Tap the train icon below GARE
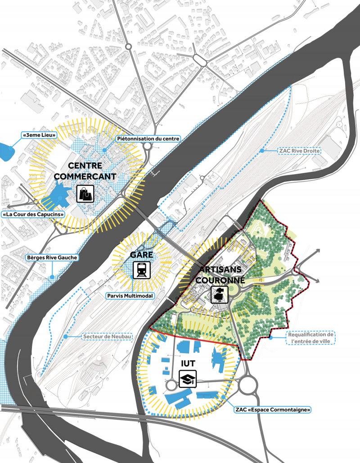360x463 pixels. coord(141,270)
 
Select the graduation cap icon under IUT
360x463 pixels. coord(187,379)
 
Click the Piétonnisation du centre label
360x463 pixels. coord(148,139)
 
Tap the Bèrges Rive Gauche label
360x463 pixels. coord(52,258)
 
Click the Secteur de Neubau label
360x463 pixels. coord(107,337)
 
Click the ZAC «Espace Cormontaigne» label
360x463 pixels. coord(273,410)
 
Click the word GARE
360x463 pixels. coord(142,255)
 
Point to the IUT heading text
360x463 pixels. coord(188,363)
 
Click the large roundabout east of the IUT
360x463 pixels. coord(251,385)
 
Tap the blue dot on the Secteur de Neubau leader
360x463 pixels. coord(66,336)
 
